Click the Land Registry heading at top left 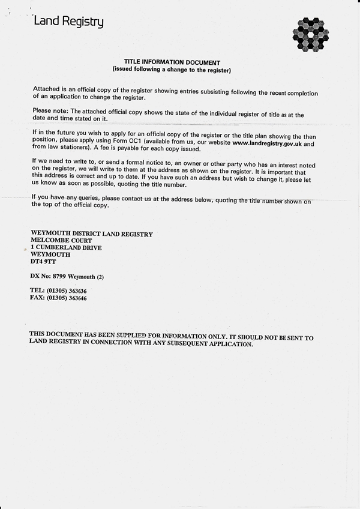pyautogui.click(x=68, y=22)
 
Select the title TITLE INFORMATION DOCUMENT pyautogui.click(x=172, y=62)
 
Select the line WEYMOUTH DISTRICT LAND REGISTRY pyautogui.click(x=91, y=234)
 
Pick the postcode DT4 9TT pyautogui.click(x=42, y=262)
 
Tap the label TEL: pyautogui.click(x=38, y=291)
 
